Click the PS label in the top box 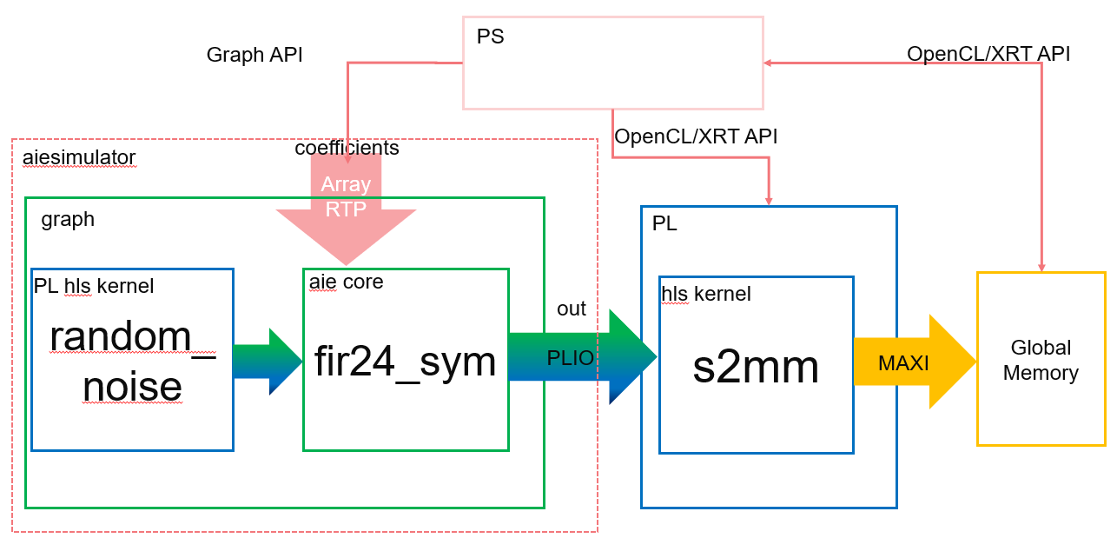pos(490,37)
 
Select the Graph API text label pos(254,56)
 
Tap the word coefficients pos(347,149)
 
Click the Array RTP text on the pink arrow pos(346,197)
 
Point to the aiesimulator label pos(79,157)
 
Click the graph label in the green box pos(68,219)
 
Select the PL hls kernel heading pos(94,285)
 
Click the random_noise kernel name pos(132,361)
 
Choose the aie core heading pos(346,282)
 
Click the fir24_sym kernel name pos(406,360)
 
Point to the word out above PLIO pos(572,309)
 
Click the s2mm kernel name pos(756,368)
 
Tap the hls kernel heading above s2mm pos(706,294)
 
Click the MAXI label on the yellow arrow pos(903,363)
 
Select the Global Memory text pos(1041,361)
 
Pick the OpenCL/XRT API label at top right pos(988,54)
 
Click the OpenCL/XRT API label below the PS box pos(696,136)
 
